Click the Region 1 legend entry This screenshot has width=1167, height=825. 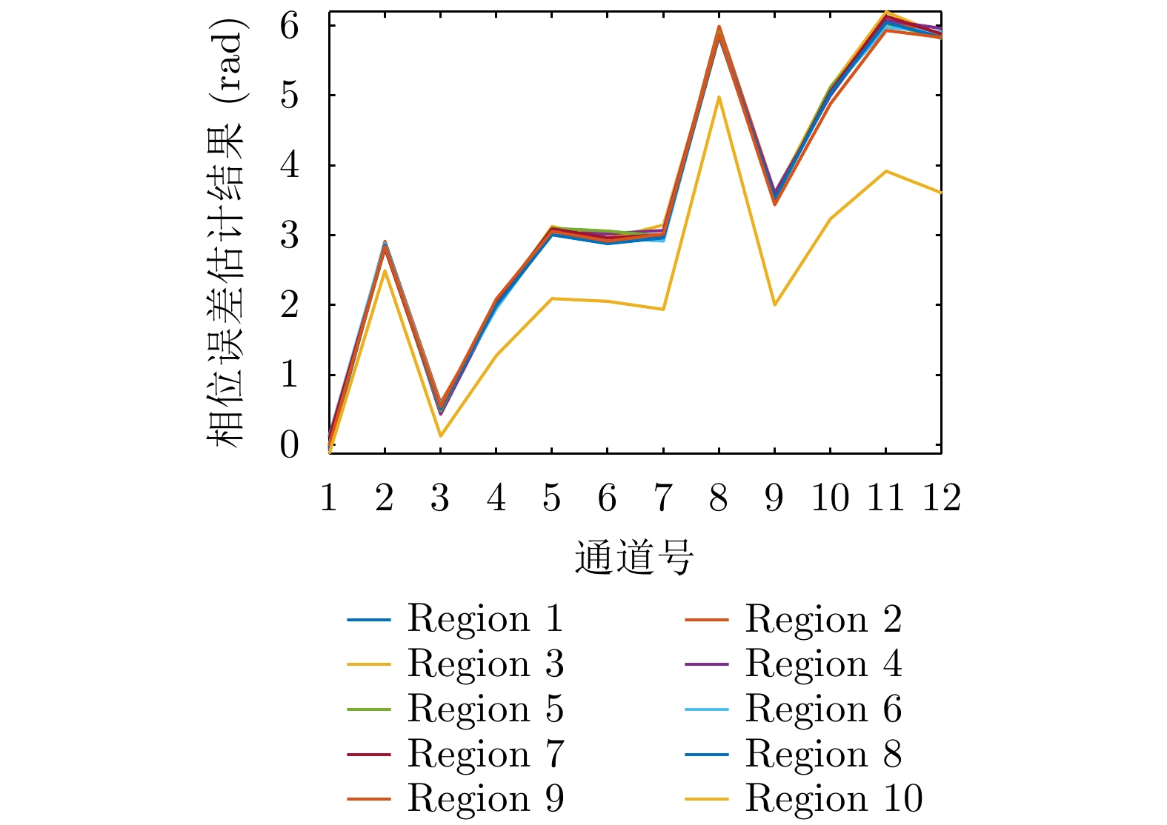[x=485, y=619]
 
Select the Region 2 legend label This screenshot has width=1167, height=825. [x=822, y=619]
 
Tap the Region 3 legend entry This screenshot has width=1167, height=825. [x=485, y=664]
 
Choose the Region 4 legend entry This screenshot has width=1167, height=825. [x=822, y=664]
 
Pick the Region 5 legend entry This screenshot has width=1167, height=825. [x=485, y=709]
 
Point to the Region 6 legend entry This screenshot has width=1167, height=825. [x=822, y=709]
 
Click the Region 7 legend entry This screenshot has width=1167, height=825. [x=485, y=754]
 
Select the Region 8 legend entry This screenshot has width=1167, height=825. [x=822, y=754]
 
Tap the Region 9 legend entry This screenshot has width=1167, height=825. [x=485, y=798]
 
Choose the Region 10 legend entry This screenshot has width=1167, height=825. [x=834, y=798]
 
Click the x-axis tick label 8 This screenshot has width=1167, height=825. [x=719, y=498]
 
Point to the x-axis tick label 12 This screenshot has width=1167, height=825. [x=941, y=498]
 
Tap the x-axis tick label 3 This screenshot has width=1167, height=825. [x=440, y=498]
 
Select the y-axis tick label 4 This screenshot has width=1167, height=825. [x=289, y=165]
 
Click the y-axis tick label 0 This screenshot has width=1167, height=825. [x=289, y=445]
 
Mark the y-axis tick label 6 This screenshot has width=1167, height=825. [x=289, y=26]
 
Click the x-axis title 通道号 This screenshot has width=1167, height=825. [x=634, y=558]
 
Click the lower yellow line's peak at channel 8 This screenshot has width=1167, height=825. [x=719, y=97]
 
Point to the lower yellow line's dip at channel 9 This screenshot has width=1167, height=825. [x=774, y=304]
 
